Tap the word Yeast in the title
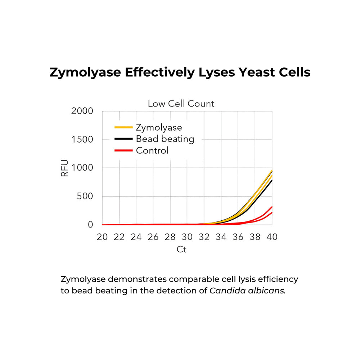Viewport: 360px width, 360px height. pos(253,72)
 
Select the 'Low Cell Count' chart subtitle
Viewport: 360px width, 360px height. pos(181,104)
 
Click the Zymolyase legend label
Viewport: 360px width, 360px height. pos(159,127)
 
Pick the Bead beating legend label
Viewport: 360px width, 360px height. pos(165,139)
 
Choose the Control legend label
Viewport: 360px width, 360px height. pos(152,150)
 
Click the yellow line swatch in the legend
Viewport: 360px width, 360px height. pos(123,127)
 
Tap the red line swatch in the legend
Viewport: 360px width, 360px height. pos(123,150)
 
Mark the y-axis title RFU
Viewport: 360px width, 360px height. pos(65,168)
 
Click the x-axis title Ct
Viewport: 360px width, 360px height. pos(182,249)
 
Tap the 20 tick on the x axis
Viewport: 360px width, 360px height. pos(102,237)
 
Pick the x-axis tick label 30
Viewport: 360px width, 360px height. pos(187,237)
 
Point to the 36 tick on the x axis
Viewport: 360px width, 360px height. pos(238,237)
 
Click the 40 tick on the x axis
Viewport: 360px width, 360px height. pos(272,237)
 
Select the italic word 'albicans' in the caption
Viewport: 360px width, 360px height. pos(266,291)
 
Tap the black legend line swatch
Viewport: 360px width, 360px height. pos(123,139)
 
